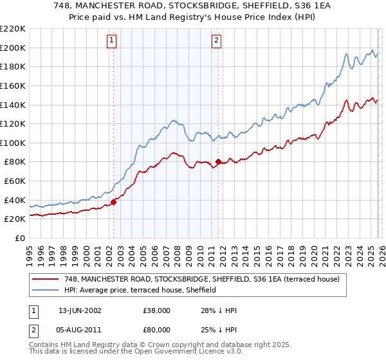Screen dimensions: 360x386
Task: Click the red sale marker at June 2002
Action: pos(114,202)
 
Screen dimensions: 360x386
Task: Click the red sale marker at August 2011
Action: pos(218,161)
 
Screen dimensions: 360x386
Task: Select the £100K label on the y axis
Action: pos(14,143)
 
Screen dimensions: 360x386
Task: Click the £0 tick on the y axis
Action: pos(21,238)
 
